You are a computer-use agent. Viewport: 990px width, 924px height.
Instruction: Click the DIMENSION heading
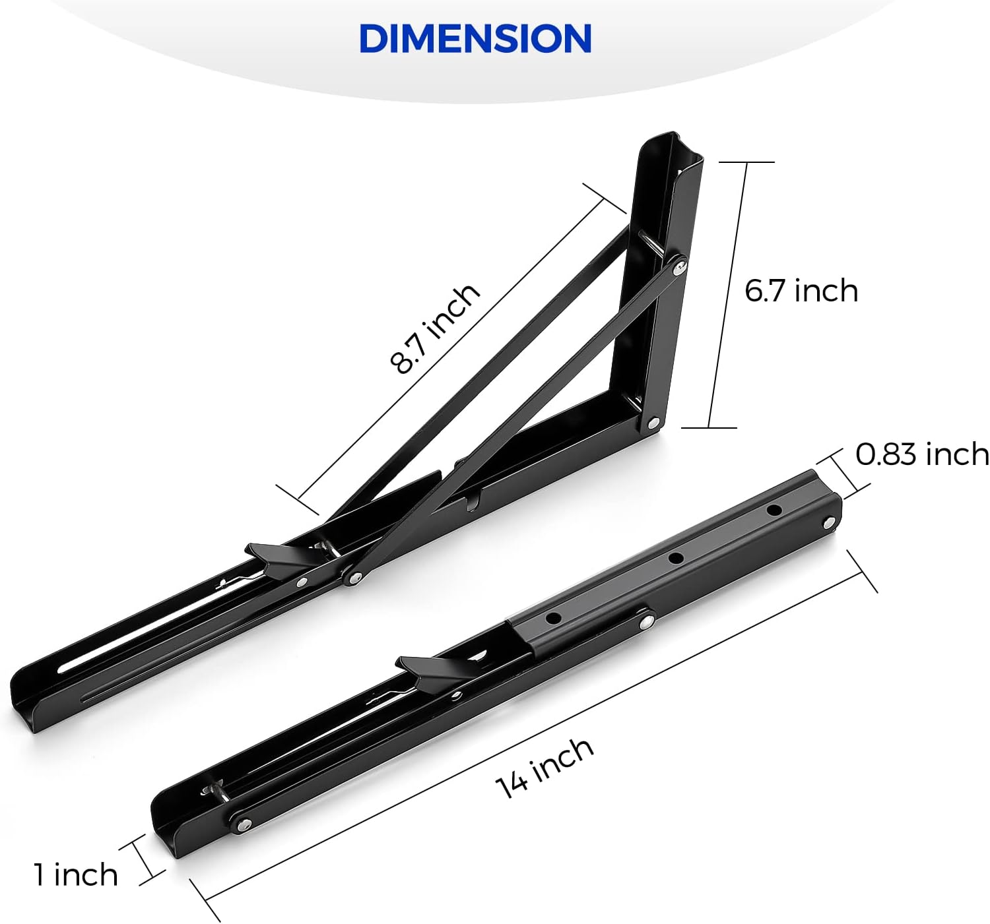click(x=475, y=39)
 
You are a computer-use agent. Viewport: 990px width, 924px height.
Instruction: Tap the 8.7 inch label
click(x=434, y=328)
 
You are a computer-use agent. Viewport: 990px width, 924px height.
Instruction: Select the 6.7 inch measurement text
click(x=801, y=291)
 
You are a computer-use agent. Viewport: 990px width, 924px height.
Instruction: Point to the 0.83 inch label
click(x=921, y=454)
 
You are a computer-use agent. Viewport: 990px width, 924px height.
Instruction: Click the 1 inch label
click(x=76, y=875)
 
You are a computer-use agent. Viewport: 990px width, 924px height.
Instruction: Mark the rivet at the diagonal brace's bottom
click(x=354, y=578)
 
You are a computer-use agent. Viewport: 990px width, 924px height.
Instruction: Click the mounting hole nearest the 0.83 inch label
click(x=774, y=510)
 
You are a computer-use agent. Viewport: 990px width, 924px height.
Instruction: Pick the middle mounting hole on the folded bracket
click(x=675, y=559)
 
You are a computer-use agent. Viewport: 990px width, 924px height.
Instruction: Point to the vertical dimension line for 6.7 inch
click(x=727, y=295)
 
